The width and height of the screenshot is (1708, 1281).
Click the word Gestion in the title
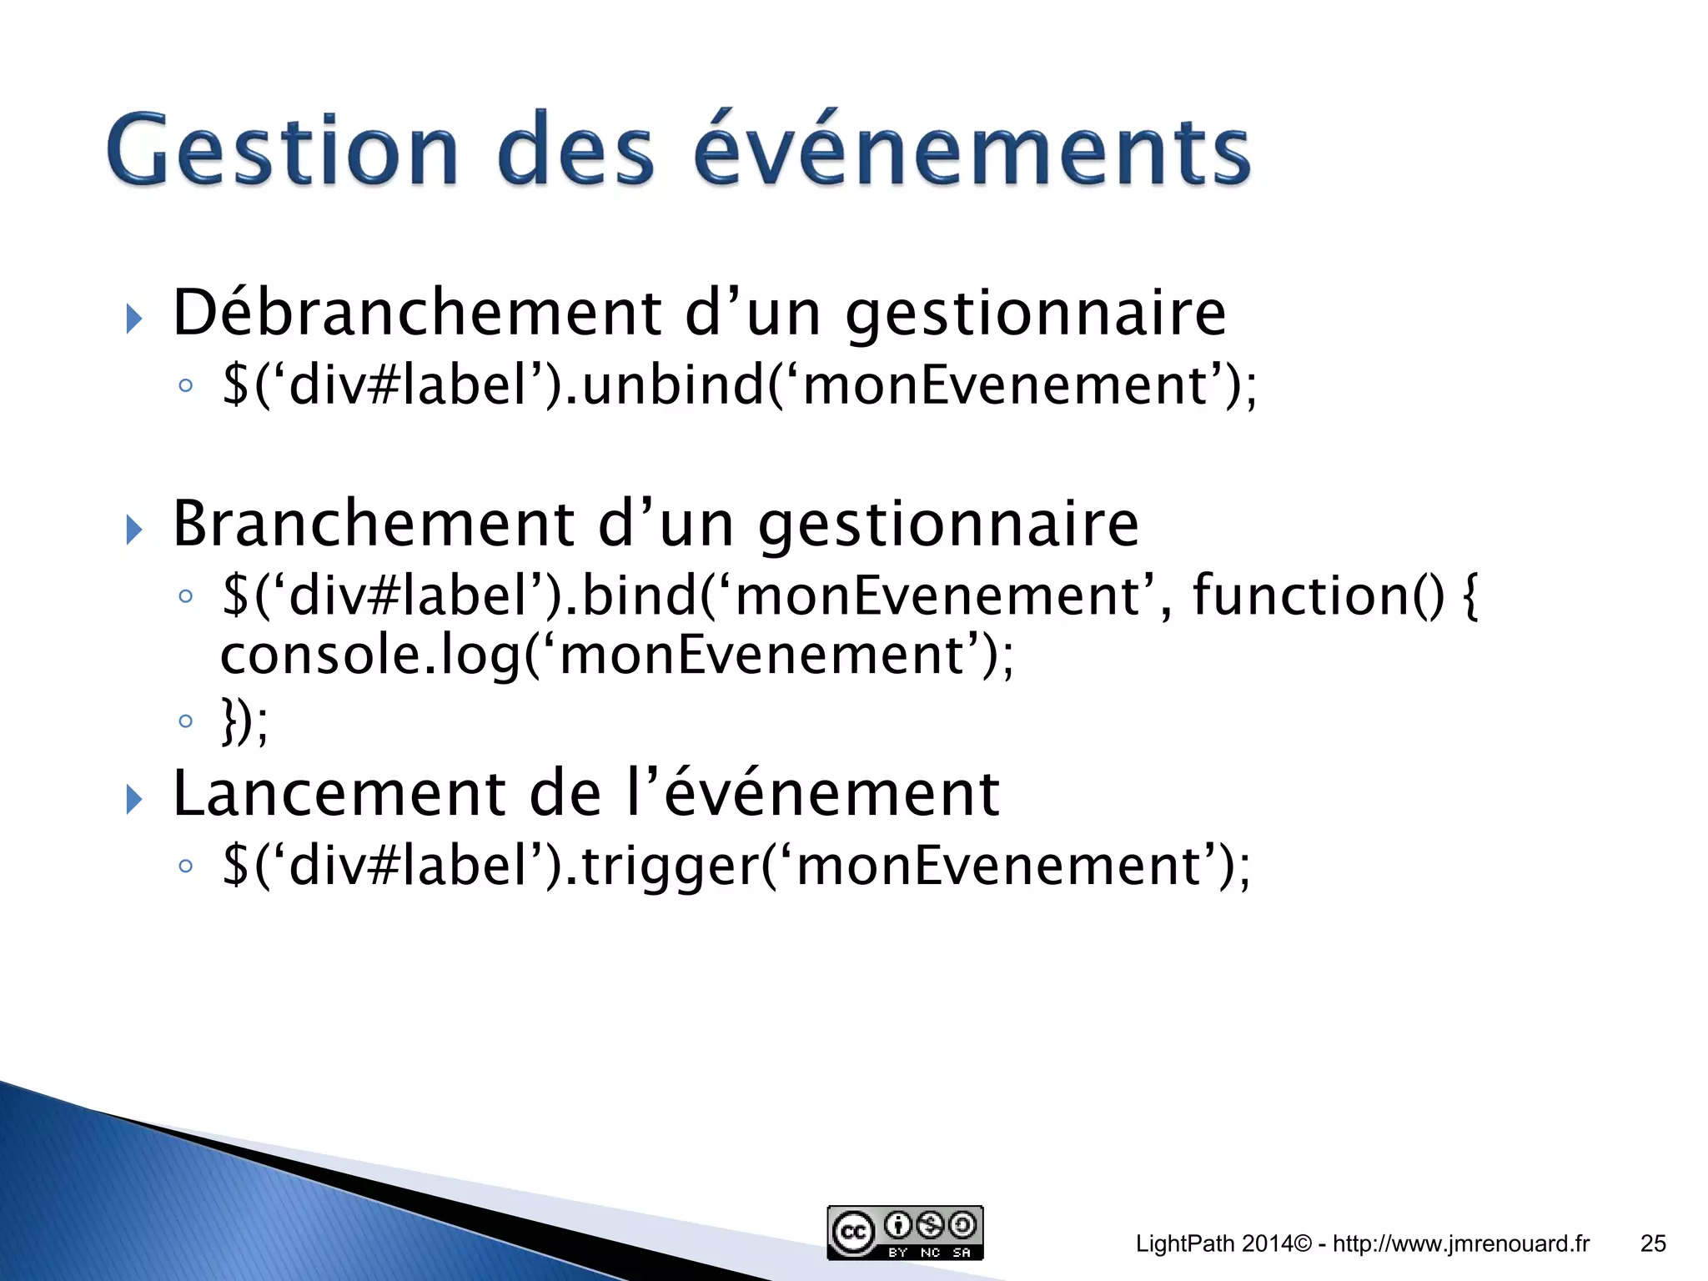(x=283, y=151)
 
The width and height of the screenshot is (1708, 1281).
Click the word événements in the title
(x=972, y=151)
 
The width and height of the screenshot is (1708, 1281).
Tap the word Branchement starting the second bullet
(x=373, y=524)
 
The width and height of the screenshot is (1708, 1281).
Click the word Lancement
(x=339, y=793)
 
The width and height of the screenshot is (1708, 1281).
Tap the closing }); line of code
(x=244, y=721)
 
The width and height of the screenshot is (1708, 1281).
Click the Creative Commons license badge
(x=905, y=1233)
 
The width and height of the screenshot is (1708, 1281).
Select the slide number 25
(x=1653, y=1243)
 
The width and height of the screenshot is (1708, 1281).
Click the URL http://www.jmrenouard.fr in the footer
(x=1461, y=1243)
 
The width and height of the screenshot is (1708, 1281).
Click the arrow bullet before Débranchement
(x=133, y=318)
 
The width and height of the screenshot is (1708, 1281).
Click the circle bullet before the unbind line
(x=186, y=386)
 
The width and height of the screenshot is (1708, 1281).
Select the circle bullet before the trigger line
(x=186, y=867)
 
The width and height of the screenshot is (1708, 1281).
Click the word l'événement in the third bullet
(x=812, y=793)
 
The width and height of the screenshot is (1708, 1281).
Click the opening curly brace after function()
(x=1471, y=595)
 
